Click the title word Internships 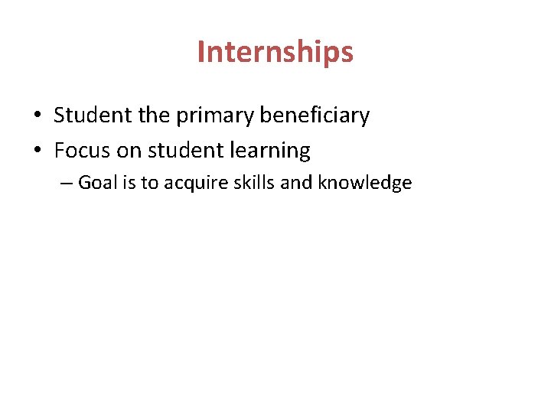[x=275, y=53]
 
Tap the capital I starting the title [x=201, y=52]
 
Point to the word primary [x=217, y=116]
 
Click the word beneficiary [x=315, y=115]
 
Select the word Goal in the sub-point [x=96, y=183]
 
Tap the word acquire [x=191, y=184]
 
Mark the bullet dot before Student [x=37, y=116]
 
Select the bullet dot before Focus [x=37, y=151]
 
